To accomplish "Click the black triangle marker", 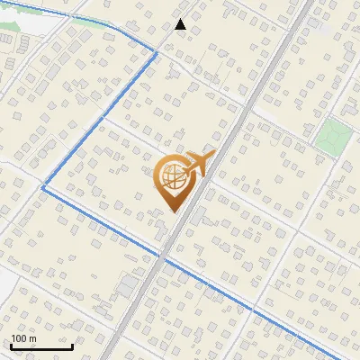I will [180, 24].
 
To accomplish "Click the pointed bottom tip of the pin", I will [173, 211].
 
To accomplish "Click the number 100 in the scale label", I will [19, 338].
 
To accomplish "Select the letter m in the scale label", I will [32, 338].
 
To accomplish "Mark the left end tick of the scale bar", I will [10, 346].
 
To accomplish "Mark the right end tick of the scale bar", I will [72, 346].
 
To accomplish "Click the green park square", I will [332, 136].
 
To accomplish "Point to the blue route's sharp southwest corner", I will [42, 187].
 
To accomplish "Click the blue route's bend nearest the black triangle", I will [157, 53].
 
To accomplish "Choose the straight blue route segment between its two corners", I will [99, 121].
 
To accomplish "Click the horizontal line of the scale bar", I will [40, 347].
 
